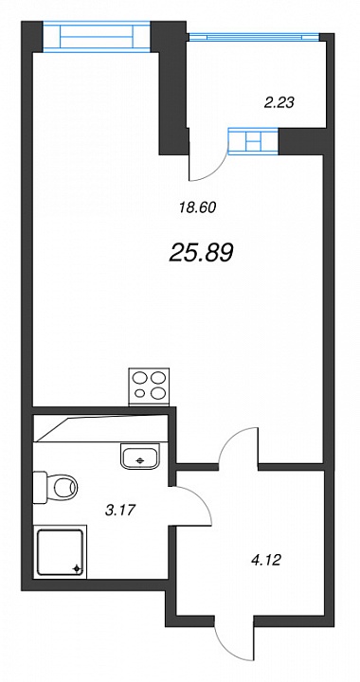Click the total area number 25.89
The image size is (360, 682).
[201, 252]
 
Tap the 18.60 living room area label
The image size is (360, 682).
[197, 207]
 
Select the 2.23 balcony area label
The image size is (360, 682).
[279, 102]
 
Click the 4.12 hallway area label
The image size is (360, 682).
[266, 560]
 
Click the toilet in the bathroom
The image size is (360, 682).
[55, 487]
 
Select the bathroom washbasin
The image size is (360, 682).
[139, 457]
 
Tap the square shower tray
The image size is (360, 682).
[61, 551]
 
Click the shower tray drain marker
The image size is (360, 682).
[77, 568]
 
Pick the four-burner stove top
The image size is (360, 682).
[149, 386]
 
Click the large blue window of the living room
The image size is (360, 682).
[97, 37]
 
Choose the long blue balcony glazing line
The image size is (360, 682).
[254, 38]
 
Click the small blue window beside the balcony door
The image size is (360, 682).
[253, 141]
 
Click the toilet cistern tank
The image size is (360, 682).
[40, 487]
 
